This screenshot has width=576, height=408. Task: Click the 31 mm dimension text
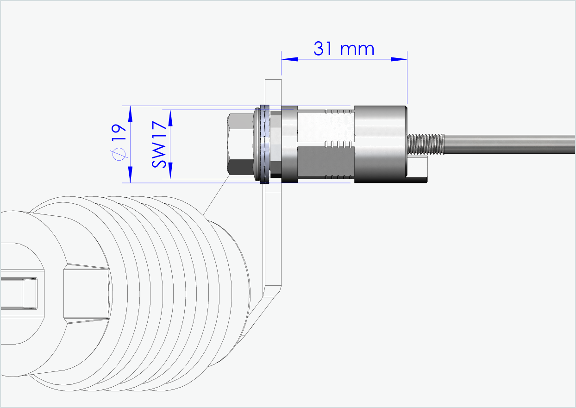point(344,49)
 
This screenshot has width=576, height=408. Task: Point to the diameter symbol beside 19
point(119,154)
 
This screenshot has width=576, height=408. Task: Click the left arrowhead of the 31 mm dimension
point(289,59)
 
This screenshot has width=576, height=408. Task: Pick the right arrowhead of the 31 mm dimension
point(399,59)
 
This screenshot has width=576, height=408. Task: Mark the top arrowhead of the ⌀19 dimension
point(130,113)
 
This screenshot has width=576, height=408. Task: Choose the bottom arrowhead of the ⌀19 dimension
point(130,175)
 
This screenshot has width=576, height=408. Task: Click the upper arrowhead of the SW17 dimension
point(170,118)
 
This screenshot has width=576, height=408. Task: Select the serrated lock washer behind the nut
point(265,144)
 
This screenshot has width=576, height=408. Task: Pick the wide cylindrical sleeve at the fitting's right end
point(380,144)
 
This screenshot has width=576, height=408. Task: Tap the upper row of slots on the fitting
point(339,112)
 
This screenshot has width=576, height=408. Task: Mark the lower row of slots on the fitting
point(339,177)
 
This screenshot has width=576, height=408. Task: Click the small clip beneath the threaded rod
point(419,169)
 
